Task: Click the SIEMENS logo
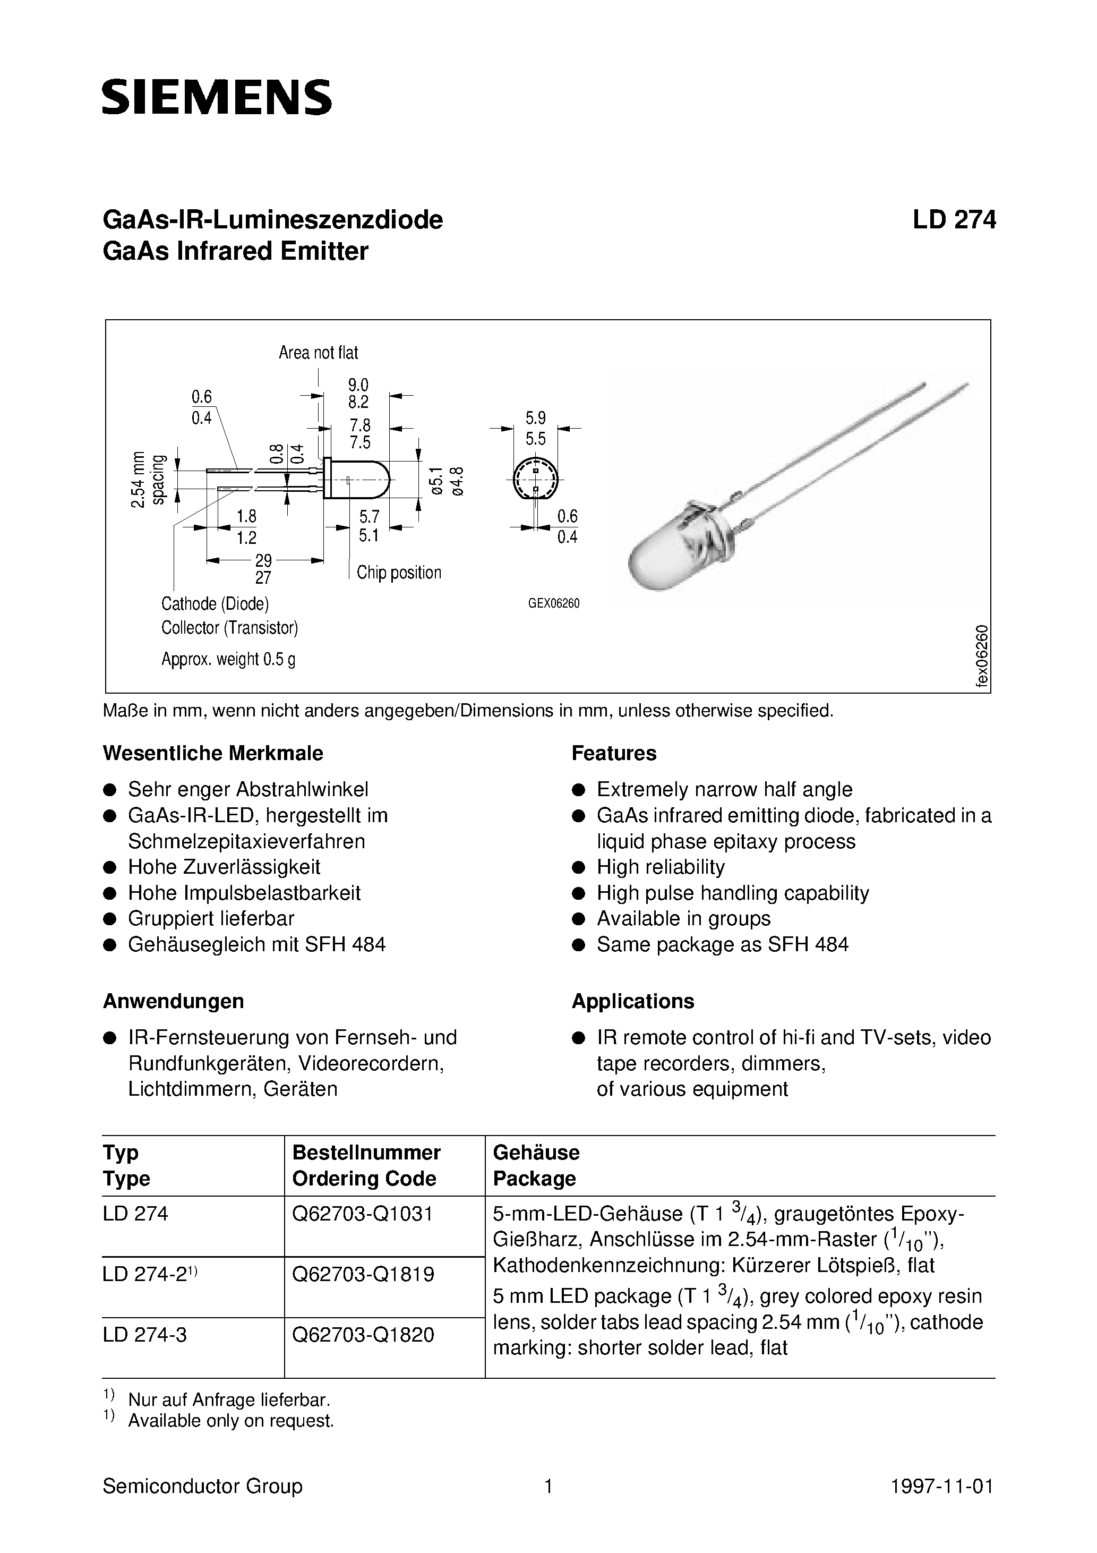[x=217, y=97]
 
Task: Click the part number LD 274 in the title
[x=954, y=220]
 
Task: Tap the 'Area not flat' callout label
[x=318, y=353]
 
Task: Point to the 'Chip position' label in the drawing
[x=398, y=573]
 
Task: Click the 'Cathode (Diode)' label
[x=215, y=603]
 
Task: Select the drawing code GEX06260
[x=554, y=603]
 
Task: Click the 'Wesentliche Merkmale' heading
[x=213, y=754]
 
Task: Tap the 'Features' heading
[x=613, y=754]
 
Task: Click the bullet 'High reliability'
[x=660, y=867]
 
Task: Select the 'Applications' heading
[x=632, y=1001]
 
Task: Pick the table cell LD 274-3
[x=145, y=1335]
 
